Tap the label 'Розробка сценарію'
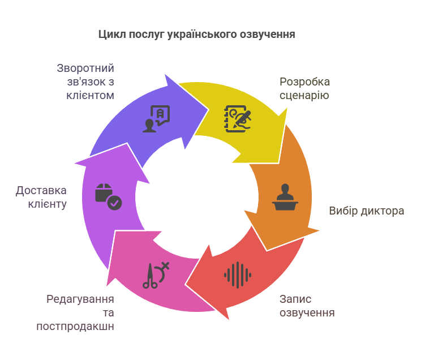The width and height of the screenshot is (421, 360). [305, 88]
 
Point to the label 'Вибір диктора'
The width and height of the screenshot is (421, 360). [367, 211]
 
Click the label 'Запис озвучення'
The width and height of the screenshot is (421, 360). [307, 306]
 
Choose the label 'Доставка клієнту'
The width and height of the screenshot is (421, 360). [41, 197]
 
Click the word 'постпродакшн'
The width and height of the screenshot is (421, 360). [75, 327]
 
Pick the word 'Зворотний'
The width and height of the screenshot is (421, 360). [85, 68]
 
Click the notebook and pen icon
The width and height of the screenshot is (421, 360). [238, 119]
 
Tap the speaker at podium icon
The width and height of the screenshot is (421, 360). [285, 197]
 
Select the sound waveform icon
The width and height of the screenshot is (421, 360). [238, 275]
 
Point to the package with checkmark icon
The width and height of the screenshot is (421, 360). [109, 197]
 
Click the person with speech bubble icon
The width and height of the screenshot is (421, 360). [156, 119]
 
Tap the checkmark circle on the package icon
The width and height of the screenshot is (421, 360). [115, 203]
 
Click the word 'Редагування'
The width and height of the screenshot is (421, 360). [80, 299]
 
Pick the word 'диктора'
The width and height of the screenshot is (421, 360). [383, 211]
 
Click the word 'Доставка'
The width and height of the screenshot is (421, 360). [41, 191]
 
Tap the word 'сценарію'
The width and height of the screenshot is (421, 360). [304, 95]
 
